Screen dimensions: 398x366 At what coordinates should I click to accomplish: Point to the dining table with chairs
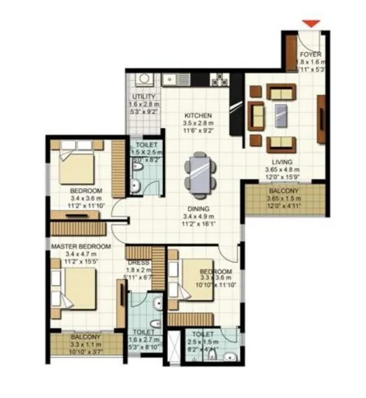200,171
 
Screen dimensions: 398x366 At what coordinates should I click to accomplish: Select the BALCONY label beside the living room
283,191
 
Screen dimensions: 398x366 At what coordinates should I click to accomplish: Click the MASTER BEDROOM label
81,246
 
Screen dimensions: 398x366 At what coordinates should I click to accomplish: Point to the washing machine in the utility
144,79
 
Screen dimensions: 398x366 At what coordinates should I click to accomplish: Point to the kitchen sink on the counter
169,79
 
